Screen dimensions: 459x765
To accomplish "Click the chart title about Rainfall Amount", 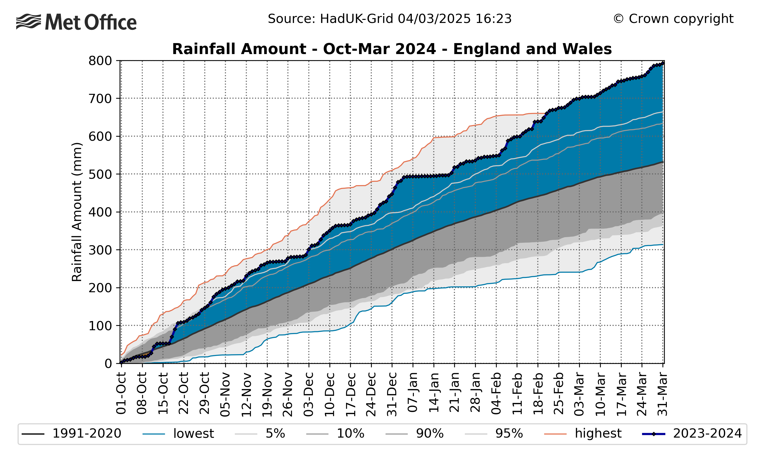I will (x=391, y=49).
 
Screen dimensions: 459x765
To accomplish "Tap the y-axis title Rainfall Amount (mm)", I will (x=77, y=212).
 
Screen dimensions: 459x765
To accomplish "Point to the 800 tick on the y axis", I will (x=100, y=61).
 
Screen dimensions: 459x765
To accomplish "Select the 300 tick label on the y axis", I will (x=100, y=250).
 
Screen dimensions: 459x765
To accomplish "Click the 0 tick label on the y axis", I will (x=108, y=363).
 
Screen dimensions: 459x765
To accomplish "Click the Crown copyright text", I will (x=673, y=19).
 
